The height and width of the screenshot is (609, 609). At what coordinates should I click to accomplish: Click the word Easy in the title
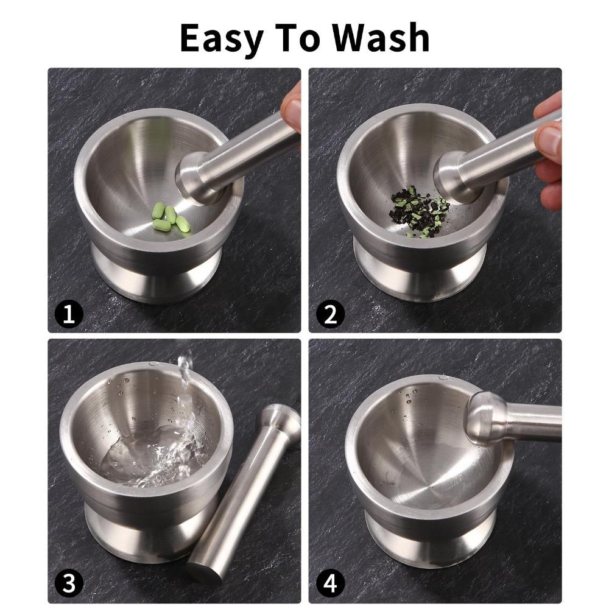222,38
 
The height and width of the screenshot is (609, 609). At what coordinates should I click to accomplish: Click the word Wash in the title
381,38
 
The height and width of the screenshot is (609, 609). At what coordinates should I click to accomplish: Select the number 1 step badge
69,314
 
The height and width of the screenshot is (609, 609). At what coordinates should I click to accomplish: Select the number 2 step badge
330,314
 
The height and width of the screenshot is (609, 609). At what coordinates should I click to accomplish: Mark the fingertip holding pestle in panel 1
292,110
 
